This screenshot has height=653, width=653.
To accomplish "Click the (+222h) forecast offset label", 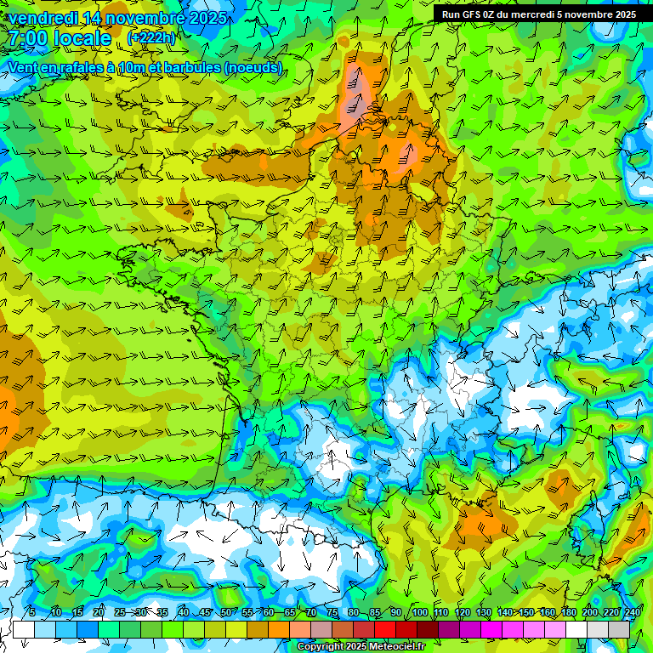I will (x=151, y=37).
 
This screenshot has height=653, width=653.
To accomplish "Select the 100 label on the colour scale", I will (x=419, y=612).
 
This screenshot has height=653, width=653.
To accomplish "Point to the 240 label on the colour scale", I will (x=633, y=612).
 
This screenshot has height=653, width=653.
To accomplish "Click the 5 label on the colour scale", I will (x=32, y=612).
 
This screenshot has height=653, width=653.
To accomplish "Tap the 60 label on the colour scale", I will (x=268, y=612).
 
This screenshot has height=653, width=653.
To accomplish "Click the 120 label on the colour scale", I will (x=462, y=612).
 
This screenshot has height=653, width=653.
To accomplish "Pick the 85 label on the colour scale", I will (x=375, y=612).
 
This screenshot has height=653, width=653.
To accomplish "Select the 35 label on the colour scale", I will (x=162, y=612).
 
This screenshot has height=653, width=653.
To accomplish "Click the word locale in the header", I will (x=82, y=38).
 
